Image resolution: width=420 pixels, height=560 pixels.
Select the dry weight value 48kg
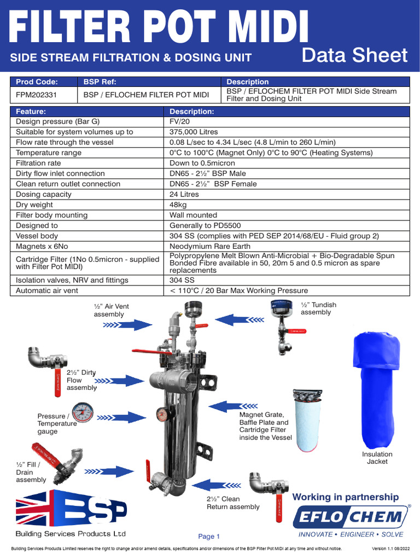179,205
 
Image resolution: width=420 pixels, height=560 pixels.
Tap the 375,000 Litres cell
194,132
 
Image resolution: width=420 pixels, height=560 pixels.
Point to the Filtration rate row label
38,163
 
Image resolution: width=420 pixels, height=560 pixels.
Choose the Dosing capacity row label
44,194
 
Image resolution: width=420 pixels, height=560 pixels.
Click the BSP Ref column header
100,82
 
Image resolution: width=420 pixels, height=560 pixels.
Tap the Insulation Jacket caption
377,458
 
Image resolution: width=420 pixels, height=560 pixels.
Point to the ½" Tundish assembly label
318,308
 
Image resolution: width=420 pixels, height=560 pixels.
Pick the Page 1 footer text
209,536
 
